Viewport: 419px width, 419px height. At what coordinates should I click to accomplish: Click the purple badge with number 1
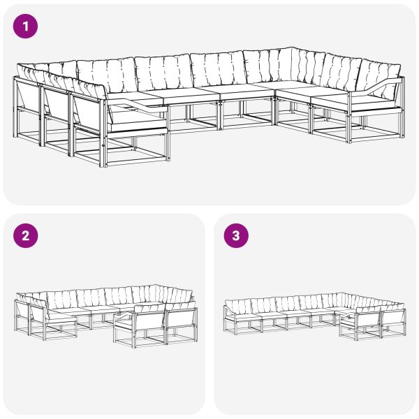click(26, 27)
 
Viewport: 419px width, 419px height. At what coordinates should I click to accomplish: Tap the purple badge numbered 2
click(26, 235)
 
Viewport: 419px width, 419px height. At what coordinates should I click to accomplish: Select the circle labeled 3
click(235, 235)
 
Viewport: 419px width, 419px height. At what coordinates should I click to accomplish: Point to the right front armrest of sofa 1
click(381, 87)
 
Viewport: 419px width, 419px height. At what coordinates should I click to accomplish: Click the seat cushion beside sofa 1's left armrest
click(136, 117)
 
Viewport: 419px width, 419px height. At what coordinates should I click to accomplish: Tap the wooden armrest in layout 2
click(126, 316)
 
